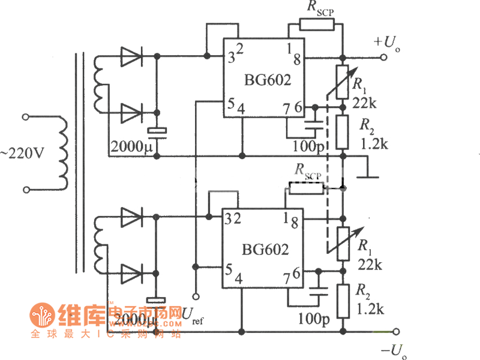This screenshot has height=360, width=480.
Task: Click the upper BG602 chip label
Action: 267,80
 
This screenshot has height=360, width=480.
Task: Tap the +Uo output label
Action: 386,43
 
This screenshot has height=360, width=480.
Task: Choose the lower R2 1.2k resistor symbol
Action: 342,301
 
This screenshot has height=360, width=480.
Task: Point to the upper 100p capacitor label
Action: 307,146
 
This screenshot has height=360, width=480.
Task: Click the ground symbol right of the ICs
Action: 367,177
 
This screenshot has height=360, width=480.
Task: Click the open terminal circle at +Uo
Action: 383,58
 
